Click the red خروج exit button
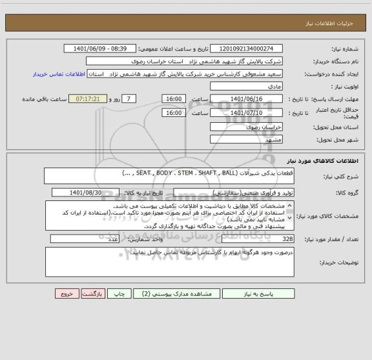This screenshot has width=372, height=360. pos(67,293)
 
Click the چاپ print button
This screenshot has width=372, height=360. pos(119,293)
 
